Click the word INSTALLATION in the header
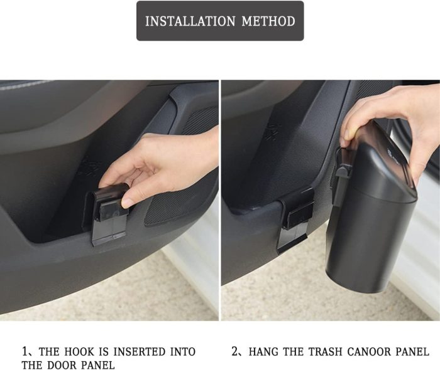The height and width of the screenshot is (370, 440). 190,21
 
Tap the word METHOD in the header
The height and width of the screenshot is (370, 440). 268,21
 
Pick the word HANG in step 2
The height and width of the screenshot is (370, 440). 264,352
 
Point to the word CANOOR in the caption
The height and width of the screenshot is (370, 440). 368,352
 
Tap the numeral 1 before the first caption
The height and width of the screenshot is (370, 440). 25,352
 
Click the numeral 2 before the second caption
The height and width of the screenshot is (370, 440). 235,352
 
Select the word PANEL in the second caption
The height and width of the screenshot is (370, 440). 412,352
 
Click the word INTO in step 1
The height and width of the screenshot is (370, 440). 183,352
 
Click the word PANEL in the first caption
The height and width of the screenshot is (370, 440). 97,365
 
